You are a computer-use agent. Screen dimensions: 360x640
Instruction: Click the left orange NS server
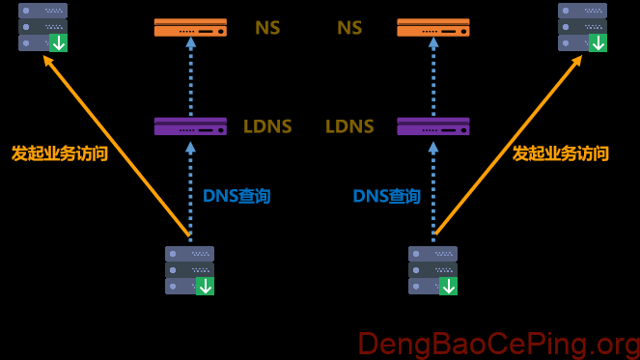[x=190, y=27]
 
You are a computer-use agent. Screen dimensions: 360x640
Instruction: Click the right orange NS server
[x=433, y=27]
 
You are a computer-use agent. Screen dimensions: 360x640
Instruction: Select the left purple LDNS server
[x=190, y=126]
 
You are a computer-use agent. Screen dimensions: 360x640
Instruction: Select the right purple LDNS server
[x=433, y=126]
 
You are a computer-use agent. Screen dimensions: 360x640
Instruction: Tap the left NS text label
[x=267, y=27]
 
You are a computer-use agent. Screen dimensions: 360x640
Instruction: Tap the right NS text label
[x=349, y=27]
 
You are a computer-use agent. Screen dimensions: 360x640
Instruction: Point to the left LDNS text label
[x=267, y=126]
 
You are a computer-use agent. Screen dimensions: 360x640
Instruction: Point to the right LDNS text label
[x=349, y=126]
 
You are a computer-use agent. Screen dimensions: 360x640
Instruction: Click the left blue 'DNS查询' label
[x=237, y=196]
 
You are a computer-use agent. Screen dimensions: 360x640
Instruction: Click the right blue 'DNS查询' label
[x=386, y=196]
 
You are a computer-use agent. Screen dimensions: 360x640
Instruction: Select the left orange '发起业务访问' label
[x=60, y=153]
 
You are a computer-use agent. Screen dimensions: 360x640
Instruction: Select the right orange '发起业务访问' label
[x=561, y=153]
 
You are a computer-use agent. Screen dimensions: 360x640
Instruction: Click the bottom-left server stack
[x=189, y=269]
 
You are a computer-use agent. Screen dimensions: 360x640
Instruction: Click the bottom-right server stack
[x=432, y=269]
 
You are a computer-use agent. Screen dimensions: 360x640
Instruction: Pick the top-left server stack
[x=42, y=26]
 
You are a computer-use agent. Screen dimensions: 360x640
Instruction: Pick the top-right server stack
[x=582, y=26]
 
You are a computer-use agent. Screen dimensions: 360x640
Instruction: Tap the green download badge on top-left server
[x=59, y=42]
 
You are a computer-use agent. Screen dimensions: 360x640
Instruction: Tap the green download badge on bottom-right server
[x=448, y=286]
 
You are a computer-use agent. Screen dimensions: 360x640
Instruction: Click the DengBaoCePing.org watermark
[x=498, y=344]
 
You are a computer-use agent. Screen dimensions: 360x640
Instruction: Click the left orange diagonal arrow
[x=116, y=145]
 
